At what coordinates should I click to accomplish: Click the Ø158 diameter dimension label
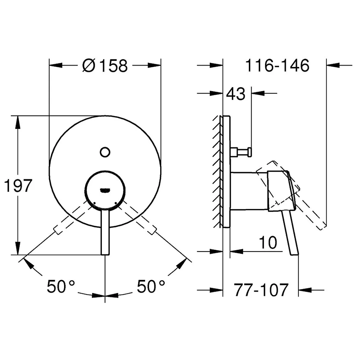pos(105,66)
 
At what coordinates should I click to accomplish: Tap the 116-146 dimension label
pos(277,66)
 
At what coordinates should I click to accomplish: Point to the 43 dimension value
pos(236,94)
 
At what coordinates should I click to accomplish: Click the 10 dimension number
pos(268,242)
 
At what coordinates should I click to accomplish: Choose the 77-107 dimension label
pos(261,290)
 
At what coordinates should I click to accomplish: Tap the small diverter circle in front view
pos(105,152)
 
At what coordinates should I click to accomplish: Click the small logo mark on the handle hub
pos(105,190)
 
